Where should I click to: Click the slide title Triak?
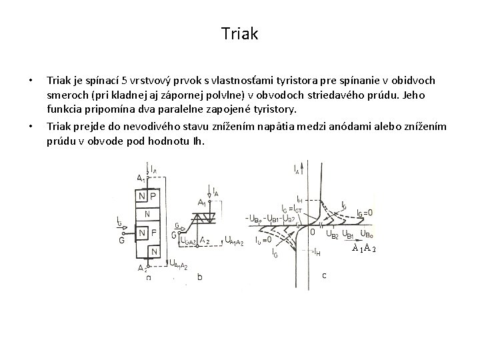pyautogui.click(x=239, y=32)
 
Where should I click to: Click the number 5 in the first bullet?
pyautogui.click(x=131, y=81)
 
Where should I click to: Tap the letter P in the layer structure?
pyautogui.click(x=152, y=197)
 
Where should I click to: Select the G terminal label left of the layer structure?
pyautogui.click(x=121, y=240)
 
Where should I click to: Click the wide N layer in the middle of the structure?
pyautogui.click(x=147, y=215)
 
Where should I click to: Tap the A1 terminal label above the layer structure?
pyautogui.click(x=140, y=178)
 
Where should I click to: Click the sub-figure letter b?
pyautogui.click(x=200, y=275)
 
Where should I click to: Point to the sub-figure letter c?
pyautogui.click(x=323, y=275)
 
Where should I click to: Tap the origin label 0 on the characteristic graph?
pyautogui.click(x=312, y=233)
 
